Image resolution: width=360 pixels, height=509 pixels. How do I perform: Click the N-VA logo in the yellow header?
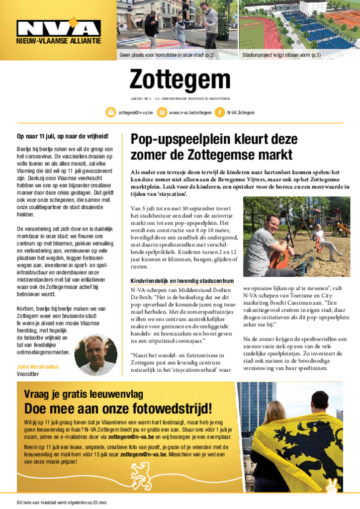tap(59, 29)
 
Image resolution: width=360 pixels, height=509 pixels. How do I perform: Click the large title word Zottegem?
tap(180, 80)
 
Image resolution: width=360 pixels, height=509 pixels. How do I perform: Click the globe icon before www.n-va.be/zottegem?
tap(162, 113)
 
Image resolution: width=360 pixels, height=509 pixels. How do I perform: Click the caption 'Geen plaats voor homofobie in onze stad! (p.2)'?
tap(167, 55)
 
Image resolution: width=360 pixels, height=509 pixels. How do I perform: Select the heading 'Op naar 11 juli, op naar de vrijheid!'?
tap(62, 136)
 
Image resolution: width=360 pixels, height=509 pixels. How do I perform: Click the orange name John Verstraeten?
tap(38, 366)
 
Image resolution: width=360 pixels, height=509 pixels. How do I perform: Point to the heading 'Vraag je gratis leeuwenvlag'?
tap(84, 395)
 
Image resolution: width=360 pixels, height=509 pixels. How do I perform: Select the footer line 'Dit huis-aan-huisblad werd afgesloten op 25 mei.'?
tap(62, 501)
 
